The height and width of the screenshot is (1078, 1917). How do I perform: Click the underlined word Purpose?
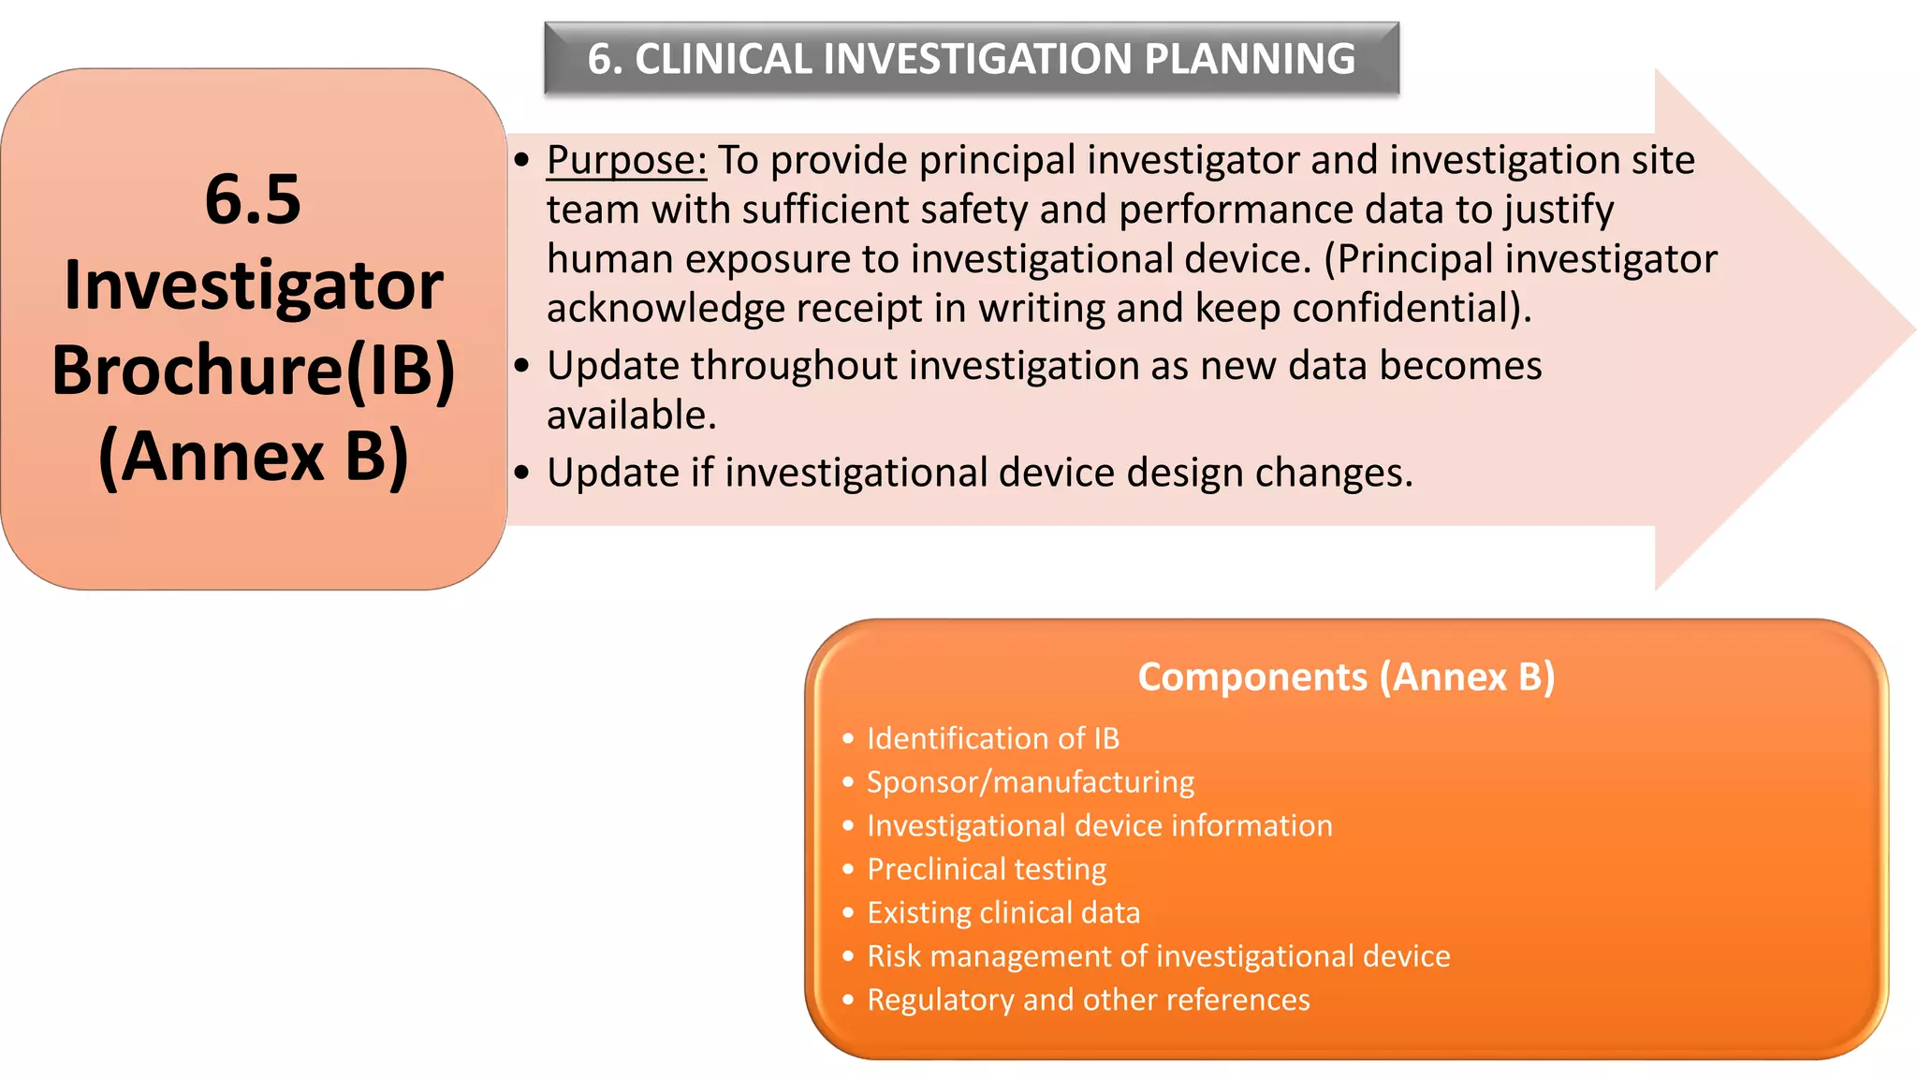click(x=626, y=161)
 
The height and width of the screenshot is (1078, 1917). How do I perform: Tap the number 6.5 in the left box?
click(x=253, y=199)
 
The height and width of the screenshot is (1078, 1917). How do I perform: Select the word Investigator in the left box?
click(x=253, y=285)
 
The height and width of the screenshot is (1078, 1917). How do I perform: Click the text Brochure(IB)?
click(x=253, y=371)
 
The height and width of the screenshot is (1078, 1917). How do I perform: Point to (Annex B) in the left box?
click(x=253, y=457)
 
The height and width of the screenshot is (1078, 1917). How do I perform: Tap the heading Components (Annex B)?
click(x=1345, y=677)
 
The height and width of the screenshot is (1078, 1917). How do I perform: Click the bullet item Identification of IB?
click(x=992, y=738)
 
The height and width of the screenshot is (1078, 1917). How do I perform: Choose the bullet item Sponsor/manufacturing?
click(x=1030, y=782)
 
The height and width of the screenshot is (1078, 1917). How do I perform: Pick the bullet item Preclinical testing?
click(x=986, y=869)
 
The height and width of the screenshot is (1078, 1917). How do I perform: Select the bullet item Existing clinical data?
click(x=1002, y=912)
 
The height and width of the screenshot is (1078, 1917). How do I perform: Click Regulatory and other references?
click(x=1088, y=999)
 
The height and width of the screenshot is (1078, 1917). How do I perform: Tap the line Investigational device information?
click(x=1099, y=825)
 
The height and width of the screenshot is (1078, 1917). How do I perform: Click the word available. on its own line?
click(x=632, y=415)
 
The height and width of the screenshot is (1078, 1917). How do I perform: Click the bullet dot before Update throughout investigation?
click(x=522, y=366)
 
